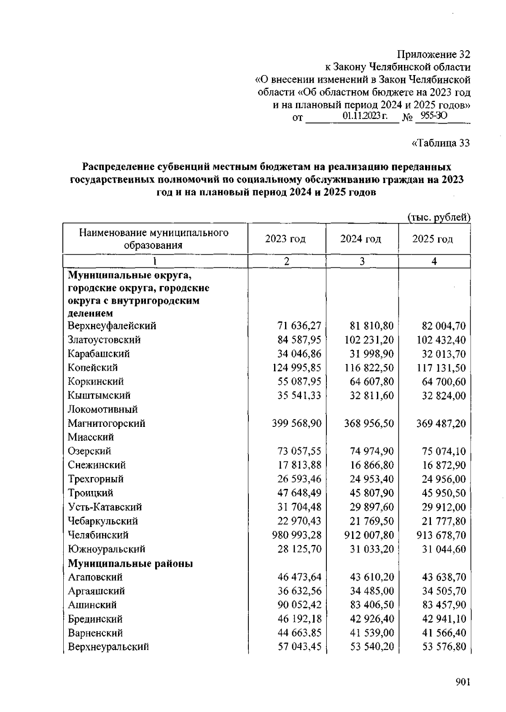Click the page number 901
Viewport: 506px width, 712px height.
pos(463,682)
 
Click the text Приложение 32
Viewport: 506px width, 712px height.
pos(434,55)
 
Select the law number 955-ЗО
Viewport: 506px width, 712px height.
pos(431,116)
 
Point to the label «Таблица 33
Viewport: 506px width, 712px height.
pos(440,143)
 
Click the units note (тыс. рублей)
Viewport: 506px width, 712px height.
pos(439,217)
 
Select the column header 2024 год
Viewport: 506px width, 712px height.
pos(361,239)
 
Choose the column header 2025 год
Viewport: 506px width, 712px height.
pos(433,239)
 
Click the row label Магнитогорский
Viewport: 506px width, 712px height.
pos(107,423)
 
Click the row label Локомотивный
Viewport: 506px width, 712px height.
pos(103,410)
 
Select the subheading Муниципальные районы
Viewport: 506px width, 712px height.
pos(131,564)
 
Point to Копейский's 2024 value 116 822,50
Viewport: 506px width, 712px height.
pos(369,368)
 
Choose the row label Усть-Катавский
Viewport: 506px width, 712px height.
pos(105,507)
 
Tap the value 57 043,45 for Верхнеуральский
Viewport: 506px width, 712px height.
pos(300,647)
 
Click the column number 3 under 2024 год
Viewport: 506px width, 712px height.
pos(362,262)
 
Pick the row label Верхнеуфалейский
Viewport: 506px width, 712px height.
pos(112,326)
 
